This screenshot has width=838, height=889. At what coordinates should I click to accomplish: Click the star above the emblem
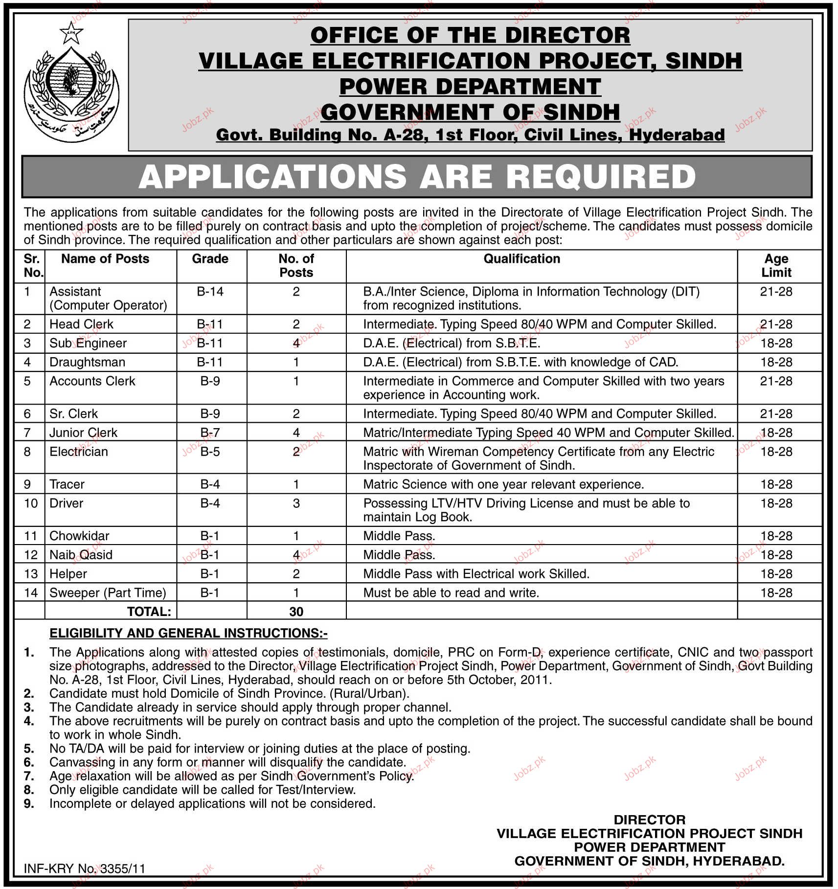coord(71,33)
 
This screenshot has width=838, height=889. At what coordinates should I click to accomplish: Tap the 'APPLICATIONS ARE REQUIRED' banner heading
coord(417,177)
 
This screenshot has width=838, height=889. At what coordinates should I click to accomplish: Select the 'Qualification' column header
coord(521,259)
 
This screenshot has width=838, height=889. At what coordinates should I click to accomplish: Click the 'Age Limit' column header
coord(776,266)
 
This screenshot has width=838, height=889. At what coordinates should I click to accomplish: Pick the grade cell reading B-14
coord(210,292)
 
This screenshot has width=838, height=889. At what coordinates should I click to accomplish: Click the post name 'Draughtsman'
coord(87,362)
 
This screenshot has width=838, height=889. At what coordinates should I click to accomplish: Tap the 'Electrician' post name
coord(79,452)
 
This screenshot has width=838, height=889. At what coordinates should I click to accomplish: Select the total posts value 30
coord(296,612)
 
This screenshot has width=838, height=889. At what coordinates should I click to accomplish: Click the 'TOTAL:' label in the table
coord(149,612)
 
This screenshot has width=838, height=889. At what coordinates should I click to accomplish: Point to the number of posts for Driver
coord(296,503)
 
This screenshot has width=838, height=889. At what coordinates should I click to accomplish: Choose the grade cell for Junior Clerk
coord(210,433)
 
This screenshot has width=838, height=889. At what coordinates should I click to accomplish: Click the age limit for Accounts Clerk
coord(776,381)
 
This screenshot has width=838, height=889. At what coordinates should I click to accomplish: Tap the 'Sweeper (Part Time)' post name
coord(108,593)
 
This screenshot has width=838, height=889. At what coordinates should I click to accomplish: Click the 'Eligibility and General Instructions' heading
coord(188,633)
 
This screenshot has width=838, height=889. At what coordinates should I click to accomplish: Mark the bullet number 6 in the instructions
coord(29,762)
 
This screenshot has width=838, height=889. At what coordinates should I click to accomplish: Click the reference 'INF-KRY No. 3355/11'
coord(85,868)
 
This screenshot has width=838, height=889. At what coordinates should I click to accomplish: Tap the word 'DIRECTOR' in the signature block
coord(649,820)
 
